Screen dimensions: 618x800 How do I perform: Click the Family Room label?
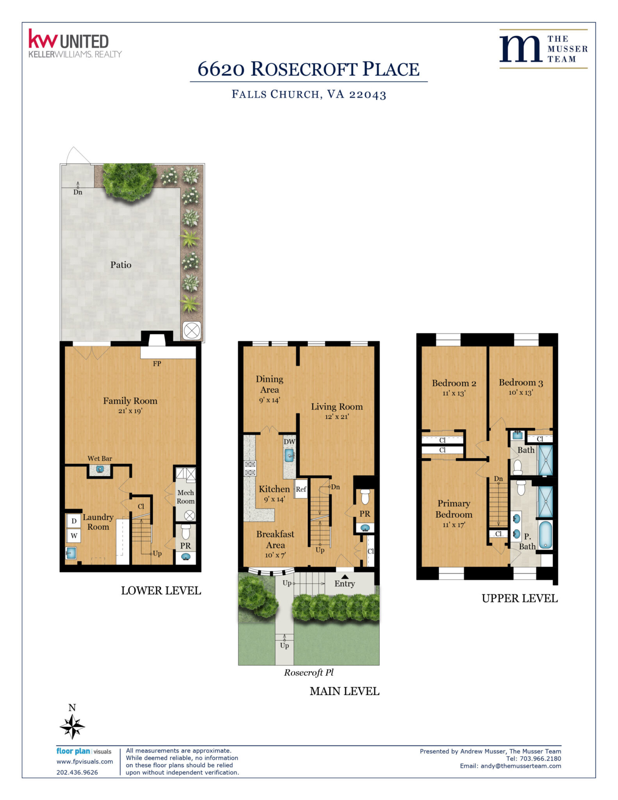point(130,401)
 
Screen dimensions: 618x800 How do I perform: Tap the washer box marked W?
point(74,535)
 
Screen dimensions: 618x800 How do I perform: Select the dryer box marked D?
point(74,521)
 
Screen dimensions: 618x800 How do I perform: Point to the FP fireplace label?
point(157,364)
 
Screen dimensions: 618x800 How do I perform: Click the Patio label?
point(121,265)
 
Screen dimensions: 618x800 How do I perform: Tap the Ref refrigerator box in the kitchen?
point(301,489)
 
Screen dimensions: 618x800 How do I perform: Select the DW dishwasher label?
point(289,442)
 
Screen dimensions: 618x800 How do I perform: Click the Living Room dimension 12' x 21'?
point(337,417)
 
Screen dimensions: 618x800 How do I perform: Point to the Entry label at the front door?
point(345,584)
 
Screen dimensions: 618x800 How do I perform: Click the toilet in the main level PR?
point(365,496)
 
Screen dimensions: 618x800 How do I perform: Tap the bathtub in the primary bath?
point(545,535)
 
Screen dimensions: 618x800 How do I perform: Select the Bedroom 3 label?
point(521,383)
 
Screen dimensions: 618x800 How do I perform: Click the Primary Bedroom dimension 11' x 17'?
point(454,525)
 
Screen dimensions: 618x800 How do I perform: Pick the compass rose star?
point(72,727)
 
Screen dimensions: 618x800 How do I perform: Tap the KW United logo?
point(75,43)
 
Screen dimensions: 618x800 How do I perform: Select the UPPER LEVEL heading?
point(520,598)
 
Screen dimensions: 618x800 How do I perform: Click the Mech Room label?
point(186,497)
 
